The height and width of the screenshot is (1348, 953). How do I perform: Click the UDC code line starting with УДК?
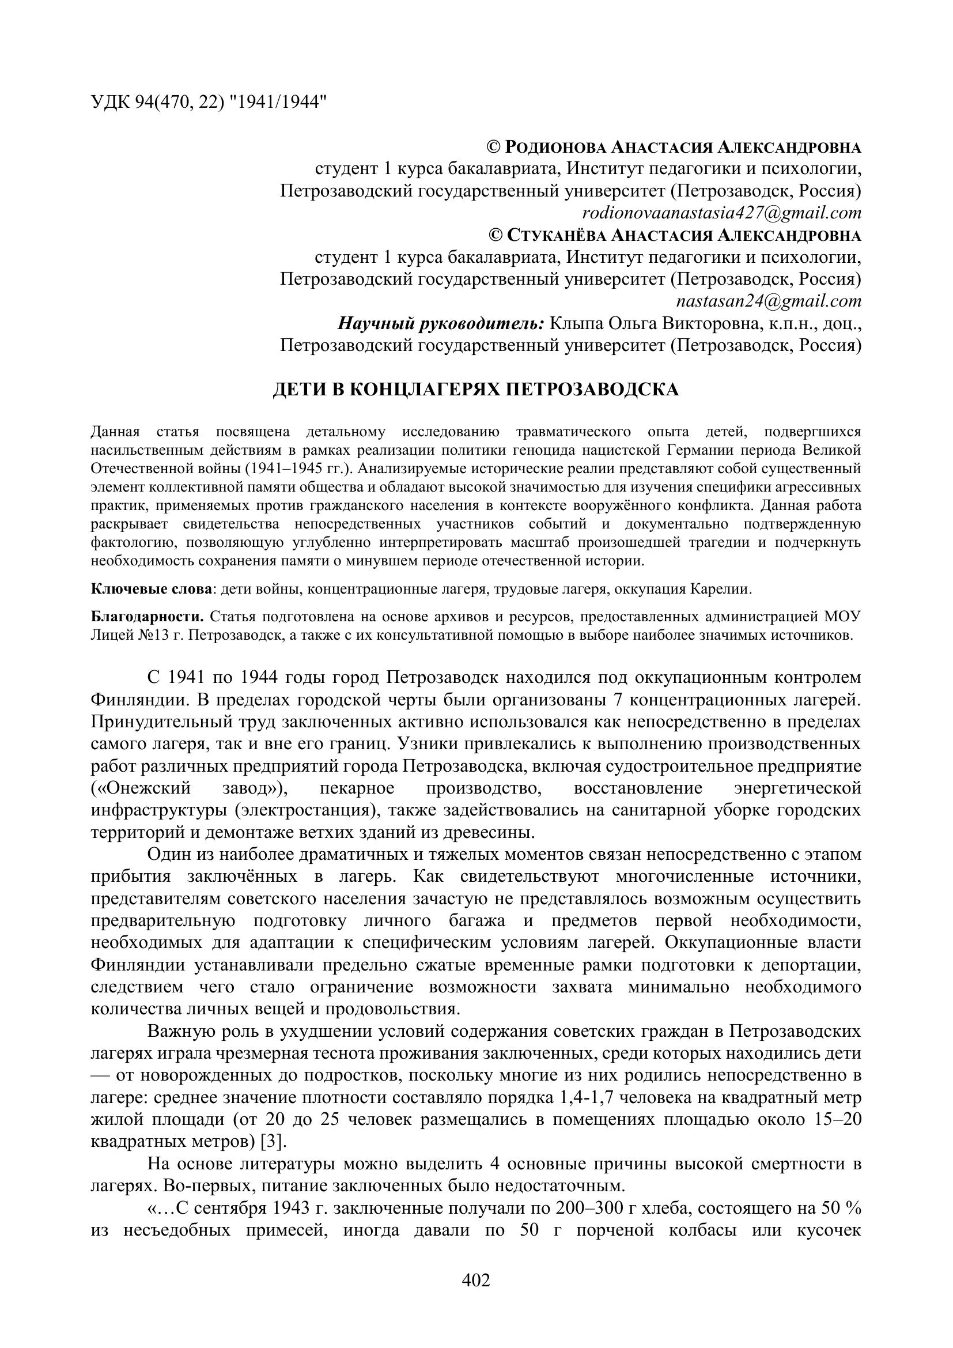209,102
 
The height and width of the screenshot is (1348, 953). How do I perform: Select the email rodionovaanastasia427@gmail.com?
721,213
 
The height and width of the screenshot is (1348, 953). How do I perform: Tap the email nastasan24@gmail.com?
769,301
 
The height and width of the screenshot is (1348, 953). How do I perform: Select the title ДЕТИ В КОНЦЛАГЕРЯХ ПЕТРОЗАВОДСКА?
476,390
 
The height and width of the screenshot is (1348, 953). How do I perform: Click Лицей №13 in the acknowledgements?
127,635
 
